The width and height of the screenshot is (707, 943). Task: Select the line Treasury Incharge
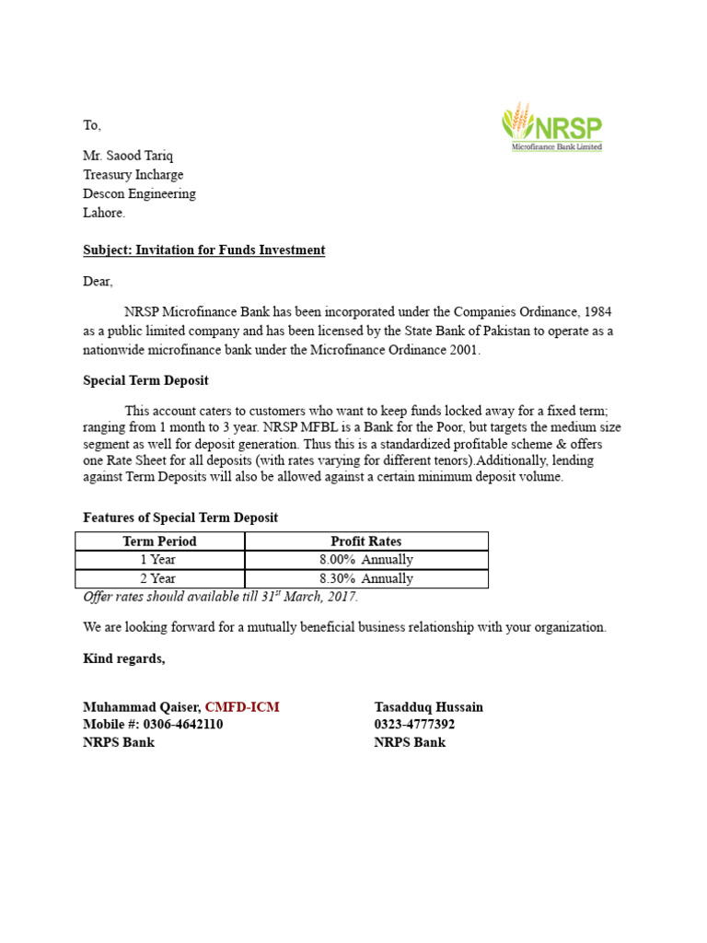pos(133,174)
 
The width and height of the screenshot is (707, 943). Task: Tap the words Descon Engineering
pos(139,193)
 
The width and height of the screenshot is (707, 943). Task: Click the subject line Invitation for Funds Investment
pos(203,250)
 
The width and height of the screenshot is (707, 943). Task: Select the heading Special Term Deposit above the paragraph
pos(145,380)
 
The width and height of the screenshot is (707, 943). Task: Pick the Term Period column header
pos(159,541)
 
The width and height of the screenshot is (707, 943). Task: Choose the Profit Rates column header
pos(365,541)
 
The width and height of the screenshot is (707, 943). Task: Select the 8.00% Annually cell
pos(365,560)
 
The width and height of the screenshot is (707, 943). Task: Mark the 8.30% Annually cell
pos(365,579)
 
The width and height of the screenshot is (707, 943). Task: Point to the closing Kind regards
pos(124,658)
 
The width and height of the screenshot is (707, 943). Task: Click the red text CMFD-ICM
pos(242,707)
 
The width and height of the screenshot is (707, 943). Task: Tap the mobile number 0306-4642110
pos(182,725)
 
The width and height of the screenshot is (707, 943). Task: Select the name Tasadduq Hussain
pos(428,707)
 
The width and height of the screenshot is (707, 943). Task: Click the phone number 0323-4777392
pos(414,725)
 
